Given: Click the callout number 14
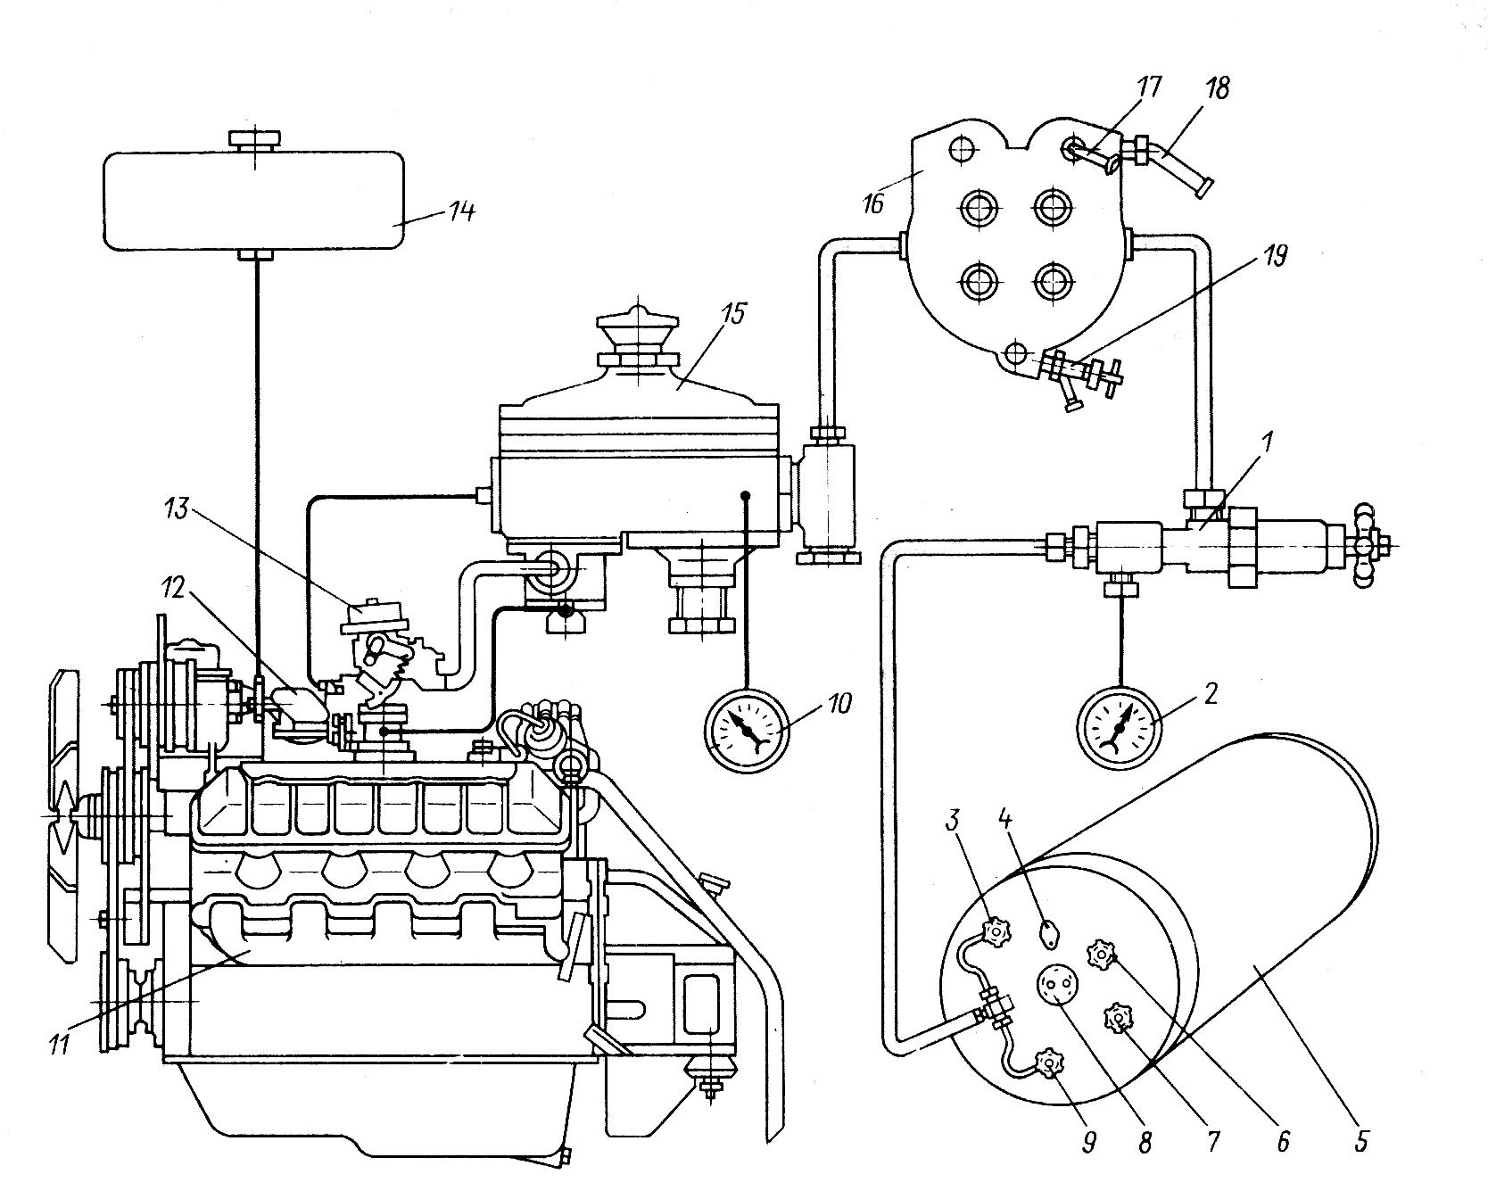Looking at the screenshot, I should click(462, 212).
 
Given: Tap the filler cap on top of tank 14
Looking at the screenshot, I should click(255, 139).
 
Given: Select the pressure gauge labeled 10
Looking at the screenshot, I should click(744, 729).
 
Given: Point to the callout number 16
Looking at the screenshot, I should click(872, 203).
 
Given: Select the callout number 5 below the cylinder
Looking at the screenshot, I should click(1360, 1141).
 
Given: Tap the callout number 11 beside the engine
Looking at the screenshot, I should click(60, 1044).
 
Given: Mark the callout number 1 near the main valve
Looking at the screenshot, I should click(1269, 441).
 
